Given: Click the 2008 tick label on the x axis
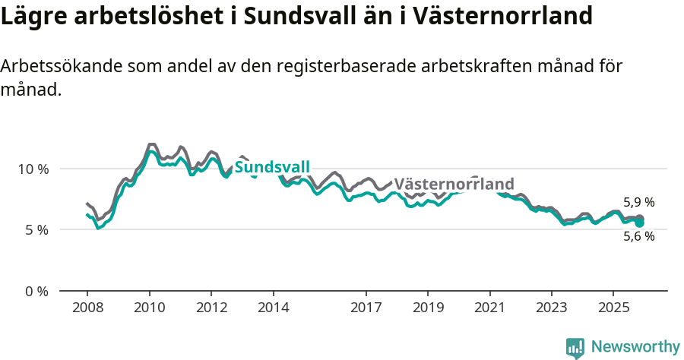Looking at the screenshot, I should (87, 308).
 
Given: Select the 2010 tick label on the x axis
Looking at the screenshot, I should (150, 308).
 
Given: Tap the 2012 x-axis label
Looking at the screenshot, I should (211, 308).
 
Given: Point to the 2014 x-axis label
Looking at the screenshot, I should (274, 308).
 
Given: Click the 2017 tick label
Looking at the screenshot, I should (366, 308).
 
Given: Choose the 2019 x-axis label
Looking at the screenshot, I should (428, 308).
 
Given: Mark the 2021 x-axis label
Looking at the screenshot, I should (490, 308).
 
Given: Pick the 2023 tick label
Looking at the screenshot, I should (552, 308).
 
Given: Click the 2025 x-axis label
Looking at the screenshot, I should (614, 308).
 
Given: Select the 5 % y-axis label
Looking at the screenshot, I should (37, 229).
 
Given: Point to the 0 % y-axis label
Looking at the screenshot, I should (37, 291).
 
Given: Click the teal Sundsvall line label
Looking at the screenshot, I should (272, 168).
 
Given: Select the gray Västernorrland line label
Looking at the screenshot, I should (454, 185).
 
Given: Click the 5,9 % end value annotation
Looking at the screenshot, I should (638, 203).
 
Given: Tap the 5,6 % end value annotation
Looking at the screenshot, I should (638, 236).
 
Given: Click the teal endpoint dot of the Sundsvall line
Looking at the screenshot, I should (639, 223).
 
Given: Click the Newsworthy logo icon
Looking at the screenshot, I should (575, 347).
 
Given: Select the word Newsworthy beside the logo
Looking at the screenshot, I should (635, 347).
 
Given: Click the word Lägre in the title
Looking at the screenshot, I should (33, 17).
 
